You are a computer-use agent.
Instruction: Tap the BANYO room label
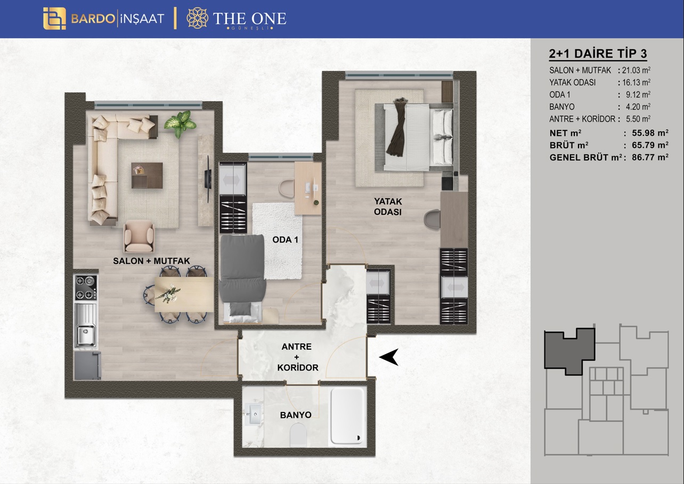[x=296, y=415]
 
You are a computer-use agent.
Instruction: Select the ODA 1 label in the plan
[x=285, y=239]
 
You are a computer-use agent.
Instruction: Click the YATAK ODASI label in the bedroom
[x=388, y=207]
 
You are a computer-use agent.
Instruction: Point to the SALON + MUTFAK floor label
[x=151, y=261]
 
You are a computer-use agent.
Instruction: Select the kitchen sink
[x=86, y=325]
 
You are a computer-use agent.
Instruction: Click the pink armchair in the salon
[x=139, y=236]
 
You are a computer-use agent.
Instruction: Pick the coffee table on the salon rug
[x=147, y=175]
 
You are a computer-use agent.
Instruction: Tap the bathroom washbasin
[x=253, y=414]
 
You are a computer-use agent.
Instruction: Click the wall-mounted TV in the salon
[x=208, y=179]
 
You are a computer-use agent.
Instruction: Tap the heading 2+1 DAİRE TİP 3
[x=598, y=53]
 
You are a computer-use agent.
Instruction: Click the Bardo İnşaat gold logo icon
[x=54, y=19]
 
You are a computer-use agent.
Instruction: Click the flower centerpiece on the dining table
[x=167, y=294]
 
